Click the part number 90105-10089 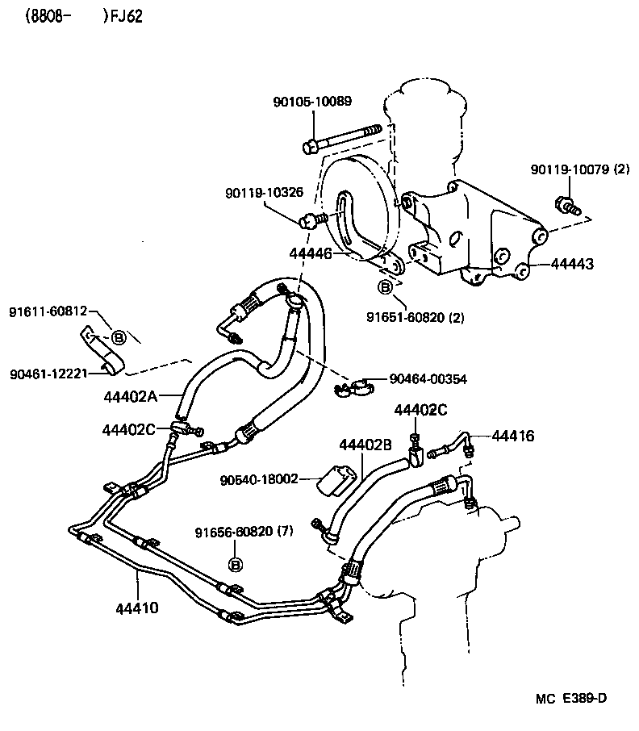(x=312, y=102)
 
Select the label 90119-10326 (x=264, y=193)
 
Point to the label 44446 (x=311, y=253)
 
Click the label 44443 (x=573, y=264)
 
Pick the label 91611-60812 (x=48, y=311)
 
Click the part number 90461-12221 (x=48, y=374)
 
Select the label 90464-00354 (x=428, y=378)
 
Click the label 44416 (x=512, y=437)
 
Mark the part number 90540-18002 (x=259, y=479)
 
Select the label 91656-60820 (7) (x=244, y=532)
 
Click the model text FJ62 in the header (x=127, y=17)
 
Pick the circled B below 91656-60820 (x=236, y=563)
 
